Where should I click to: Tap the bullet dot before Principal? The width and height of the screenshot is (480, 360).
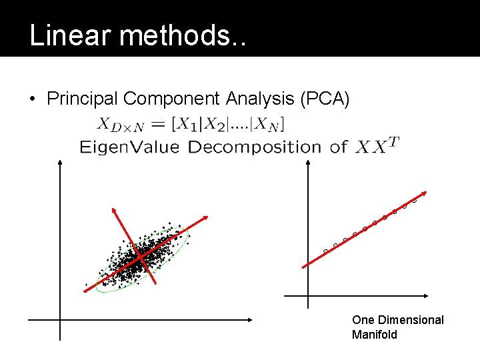tap(32, 100)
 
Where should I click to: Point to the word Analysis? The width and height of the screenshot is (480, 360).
tap(262, 99)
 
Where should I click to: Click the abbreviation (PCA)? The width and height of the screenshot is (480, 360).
tap(325, 99)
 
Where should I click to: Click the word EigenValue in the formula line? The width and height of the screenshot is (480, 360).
tap(129, 147)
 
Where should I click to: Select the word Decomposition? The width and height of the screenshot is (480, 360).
tap(254, 147)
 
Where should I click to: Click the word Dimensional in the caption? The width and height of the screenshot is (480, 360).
tap(410, 320)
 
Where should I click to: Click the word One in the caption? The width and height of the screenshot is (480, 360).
tap(363, 320)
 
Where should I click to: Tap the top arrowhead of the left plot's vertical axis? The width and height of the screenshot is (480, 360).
tap(60, 161)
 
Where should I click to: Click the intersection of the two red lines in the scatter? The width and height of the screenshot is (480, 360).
tap(140, 255)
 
